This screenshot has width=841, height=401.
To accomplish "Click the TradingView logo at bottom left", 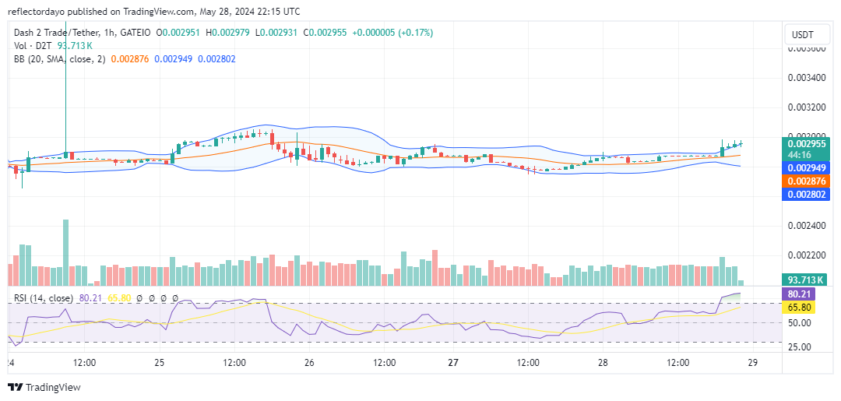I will [x=44, y=387].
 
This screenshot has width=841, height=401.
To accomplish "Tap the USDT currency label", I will [x=802, y=35].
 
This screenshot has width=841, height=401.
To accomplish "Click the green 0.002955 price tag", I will [x=805, y=143].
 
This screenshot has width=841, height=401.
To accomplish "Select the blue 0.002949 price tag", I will [x=805, y=167].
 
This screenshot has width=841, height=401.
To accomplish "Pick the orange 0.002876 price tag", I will [x=805, y=181].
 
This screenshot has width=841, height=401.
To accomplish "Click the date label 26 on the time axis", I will [x=309, y=363].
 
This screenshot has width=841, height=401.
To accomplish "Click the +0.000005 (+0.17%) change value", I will [x=392, y=33].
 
